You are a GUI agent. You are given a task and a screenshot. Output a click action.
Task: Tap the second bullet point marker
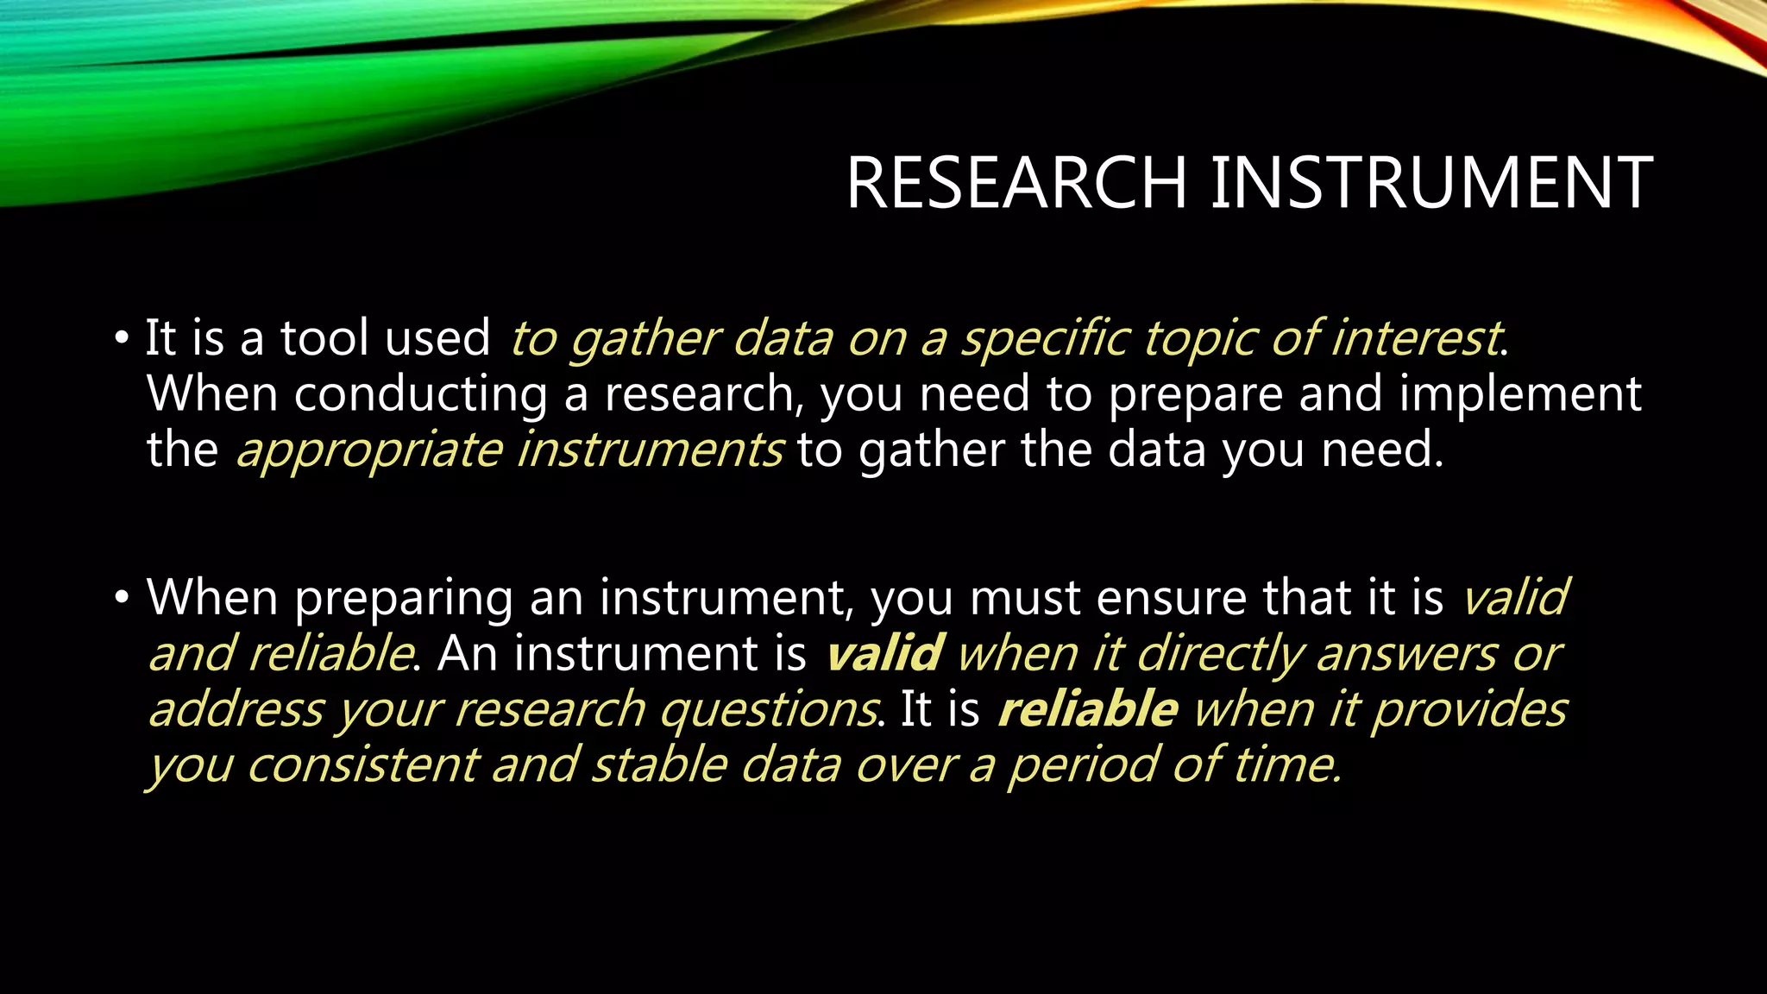click(121, 596)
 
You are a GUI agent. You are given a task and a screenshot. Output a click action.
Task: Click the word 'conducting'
click(420, 394)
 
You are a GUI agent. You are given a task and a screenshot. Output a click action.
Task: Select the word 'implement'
click(1519, 394)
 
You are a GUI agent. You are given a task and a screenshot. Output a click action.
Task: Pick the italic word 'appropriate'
click(368, 451)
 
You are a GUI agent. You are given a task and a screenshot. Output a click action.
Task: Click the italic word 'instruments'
click(649, 450)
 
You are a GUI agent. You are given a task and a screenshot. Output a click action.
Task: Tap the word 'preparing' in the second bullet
click(403, 598)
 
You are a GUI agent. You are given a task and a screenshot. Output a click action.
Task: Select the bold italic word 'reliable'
click(1087, 709)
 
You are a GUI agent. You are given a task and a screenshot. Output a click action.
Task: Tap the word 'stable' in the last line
click(657, 765)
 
